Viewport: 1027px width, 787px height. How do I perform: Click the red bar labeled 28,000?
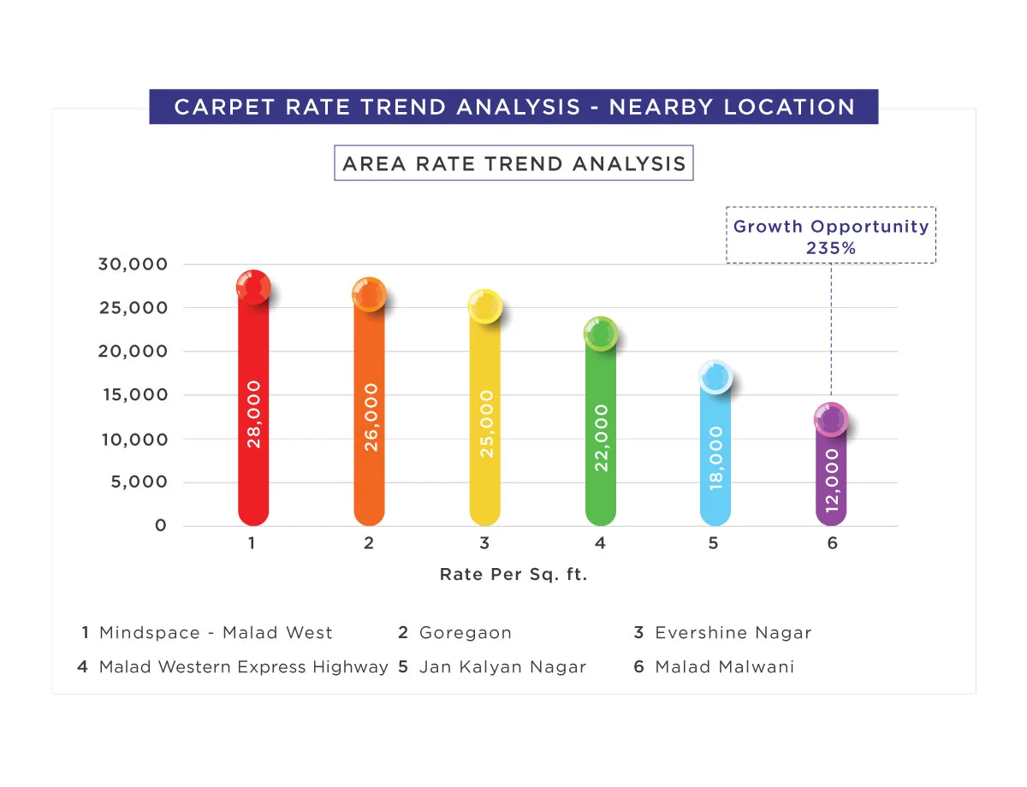(253, 411)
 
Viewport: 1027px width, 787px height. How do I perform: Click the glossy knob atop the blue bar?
(715, 376)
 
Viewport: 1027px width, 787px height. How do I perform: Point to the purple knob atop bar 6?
(831, 420)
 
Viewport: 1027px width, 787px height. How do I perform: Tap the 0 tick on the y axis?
(160, 526)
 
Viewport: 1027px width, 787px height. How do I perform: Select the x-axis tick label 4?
(601, 543)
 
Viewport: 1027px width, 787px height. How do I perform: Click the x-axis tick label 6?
(832, 543)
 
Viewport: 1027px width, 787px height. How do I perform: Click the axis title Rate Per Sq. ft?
(513, 575)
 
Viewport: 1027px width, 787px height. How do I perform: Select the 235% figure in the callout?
(831, 248)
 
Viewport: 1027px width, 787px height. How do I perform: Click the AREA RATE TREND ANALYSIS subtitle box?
(513, 163)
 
